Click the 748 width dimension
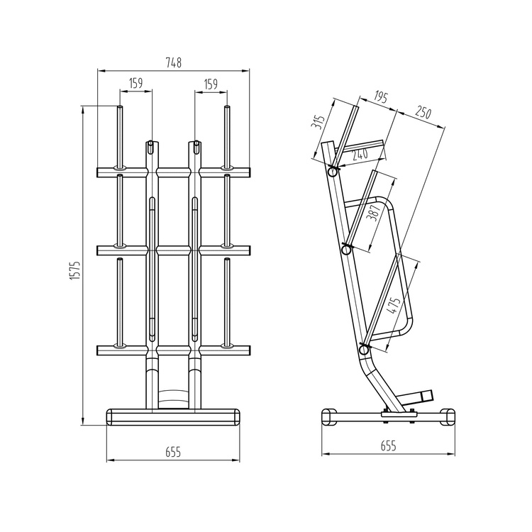coord(173,62)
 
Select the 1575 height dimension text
coord(75,270)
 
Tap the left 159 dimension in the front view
coord(136,83)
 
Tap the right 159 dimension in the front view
coord(211,84)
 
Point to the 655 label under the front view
coord(173,453)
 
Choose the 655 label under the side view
coord(388,445)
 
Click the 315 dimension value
coord(318,122)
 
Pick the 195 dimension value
coord(381,97)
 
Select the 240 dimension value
coord(360,155)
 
